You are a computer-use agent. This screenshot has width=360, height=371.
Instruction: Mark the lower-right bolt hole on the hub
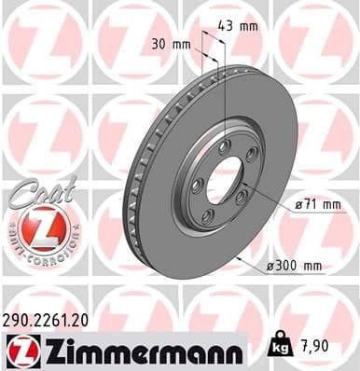240,197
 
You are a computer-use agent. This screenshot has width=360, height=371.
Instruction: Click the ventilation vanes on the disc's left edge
134,177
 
